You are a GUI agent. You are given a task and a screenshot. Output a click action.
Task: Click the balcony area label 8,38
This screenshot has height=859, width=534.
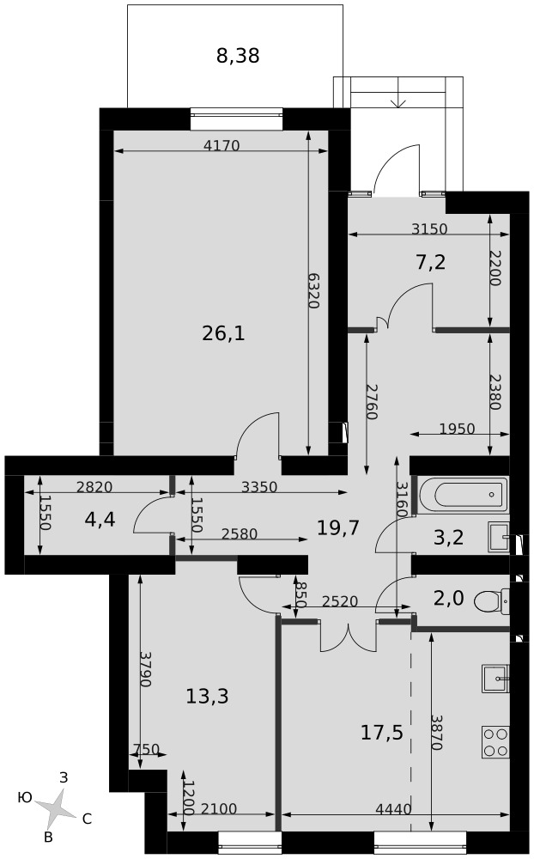[238, 55]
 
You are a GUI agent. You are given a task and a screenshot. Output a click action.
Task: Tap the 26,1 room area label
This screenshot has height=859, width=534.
[223, 332]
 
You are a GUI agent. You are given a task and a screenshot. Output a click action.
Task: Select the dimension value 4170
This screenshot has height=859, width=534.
[221, 146]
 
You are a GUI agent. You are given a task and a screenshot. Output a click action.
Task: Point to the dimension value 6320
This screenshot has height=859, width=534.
[313, 290]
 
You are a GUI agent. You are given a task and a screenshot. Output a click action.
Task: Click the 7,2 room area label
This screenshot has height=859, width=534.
[430, 262]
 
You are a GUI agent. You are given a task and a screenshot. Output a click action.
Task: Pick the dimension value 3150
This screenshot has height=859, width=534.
[429, 228]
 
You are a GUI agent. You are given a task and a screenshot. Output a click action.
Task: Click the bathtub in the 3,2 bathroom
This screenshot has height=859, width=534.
[464, 496]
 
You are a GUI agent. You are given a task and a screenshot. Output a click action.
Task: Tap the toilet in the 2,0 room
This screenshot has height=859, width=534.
[491, 601]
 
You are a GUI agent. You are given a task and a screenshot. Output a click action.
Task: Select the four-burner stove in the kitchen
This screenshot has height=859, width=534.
[495, 742]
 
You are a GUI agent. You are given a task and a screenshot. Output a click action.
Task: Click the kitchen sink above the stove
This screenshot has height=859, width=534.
[495, 679]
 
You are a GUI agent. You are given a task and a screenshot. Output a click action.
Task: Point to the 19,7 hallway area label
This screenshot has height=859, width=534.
[338, 527]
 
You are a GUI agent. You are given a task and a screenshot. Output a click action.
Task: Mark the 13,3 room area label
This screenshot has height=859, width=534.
[207, 697]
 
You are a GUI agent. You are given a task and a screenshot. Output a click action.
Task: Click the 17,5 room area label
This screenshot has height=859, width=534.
[382, 732]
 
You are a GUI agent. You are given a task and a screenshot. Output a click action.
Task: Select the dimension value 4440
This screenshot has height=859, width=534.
[393, 808]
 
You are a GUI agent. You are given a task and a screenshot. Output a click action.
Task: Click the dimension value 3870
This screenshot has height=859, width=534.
[436, 732]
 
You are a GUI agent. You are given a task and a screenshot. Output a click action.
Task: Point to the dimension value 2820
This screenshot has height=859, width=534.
[94, 486]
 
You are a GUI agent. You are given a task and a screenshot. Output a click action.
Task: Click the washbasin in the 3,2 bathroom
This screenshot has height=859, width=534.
[498, 536]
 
